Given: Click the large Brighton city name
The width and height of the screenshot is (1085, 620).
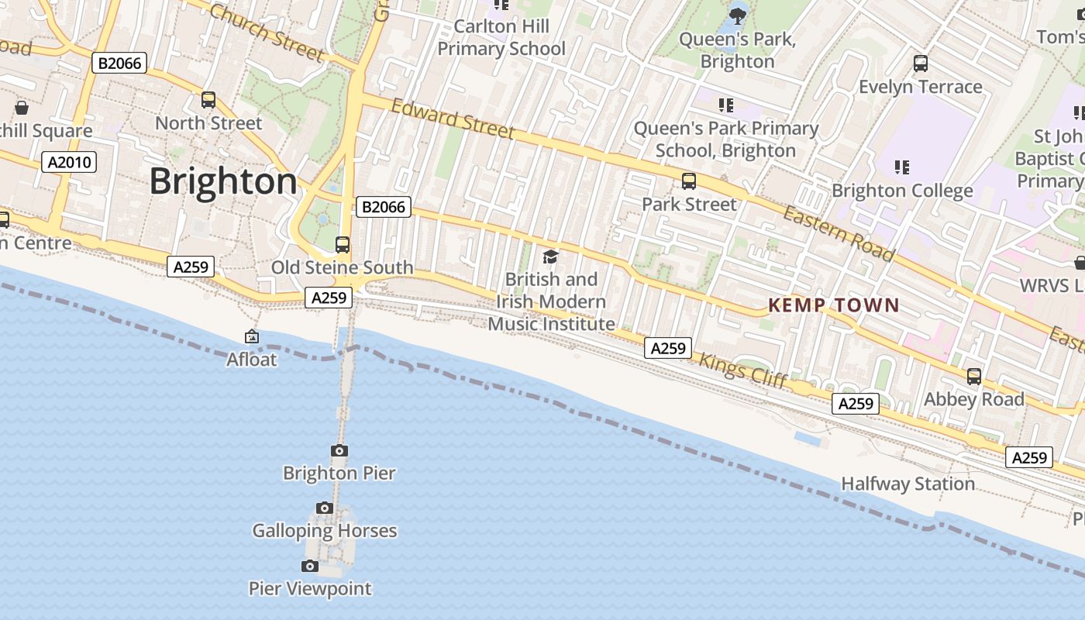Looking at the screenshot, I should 222,181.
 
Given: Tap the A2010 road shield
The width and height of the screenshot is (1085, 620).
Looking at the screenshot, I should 69,162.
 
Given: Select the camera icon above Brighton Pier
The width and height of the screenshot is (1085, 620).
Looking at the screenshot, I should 339,450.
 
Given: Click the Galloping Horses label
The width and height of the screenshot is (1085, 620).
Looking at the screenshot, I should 325,531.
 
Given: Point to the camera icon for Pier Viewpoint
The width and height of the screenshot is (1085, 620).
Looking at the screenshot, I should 310,566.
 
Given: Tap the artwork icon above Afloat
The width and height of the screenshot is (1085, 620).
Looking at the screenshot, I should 252,336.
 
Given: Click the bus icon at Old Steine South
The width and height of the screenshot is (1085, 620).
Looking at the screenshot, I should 342,245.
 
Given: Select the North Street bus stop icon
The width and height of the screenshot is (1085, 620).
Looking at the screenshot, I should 208,100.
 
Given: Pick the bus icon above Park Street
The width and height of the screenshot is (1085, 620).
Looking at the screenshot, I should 688,181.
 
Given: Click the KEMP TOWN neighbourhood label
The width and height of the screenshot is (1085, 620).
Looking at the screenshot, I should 833,305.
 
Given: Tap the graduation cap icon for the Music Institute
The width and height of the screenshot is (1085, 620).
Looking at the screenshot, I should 550,257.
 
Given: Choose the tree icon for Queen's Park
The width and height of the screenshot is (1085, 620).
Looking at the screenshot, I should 737,14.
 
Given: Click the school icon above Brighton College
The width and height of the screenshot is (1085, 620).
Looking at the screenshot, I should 901,167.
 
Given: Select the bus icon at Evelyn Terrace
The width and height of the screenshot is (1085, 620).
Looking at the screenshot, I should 920,64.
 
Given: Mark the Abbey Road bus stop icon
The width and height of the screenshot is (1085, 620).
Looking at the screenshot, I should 973,377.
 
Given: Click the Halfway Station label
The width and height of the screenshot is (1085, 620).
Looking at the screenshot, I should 908,484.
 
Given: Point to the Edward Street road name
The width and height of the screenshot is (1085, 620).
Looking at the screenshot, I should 453,119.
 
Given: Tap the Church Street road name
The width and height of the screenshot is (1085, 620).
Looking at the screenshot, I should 266,32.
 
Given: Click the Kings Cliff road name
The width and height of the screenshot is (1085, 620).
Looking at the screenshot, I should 742,370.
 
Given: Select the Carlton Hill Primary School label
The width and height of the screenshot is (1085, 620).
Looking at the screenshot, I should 501,37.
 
